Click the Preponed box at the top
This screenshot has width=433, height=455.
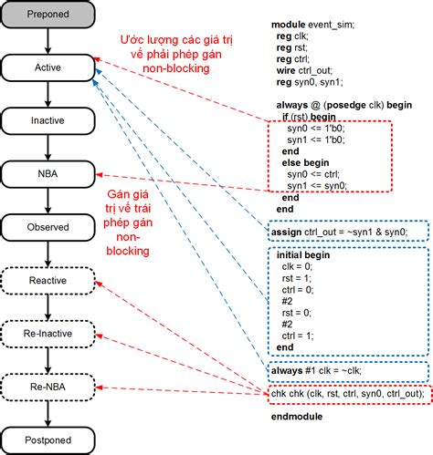click(x=48, y=15)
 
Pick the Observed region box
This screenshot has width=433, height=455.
click(x=48, y=226)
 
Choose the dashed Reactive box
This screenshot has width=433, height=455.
click(x=48, y=280)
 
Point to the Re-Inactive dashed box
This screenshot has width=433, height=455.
click(x=48, y=335)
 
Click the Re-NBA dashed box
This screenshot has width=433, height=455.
click(x=48, y=389)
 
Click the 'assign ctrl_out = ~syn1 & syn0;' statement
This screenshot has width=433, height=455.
click(x=349, y=233)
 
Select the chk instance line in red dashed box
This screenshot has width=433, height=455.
click(x=346, y=394)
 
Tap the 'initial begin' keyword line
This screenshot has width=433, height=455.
click(x=305, y=256)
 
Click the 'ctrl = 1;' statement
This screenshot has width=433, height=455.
click(x=306, y=336)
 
